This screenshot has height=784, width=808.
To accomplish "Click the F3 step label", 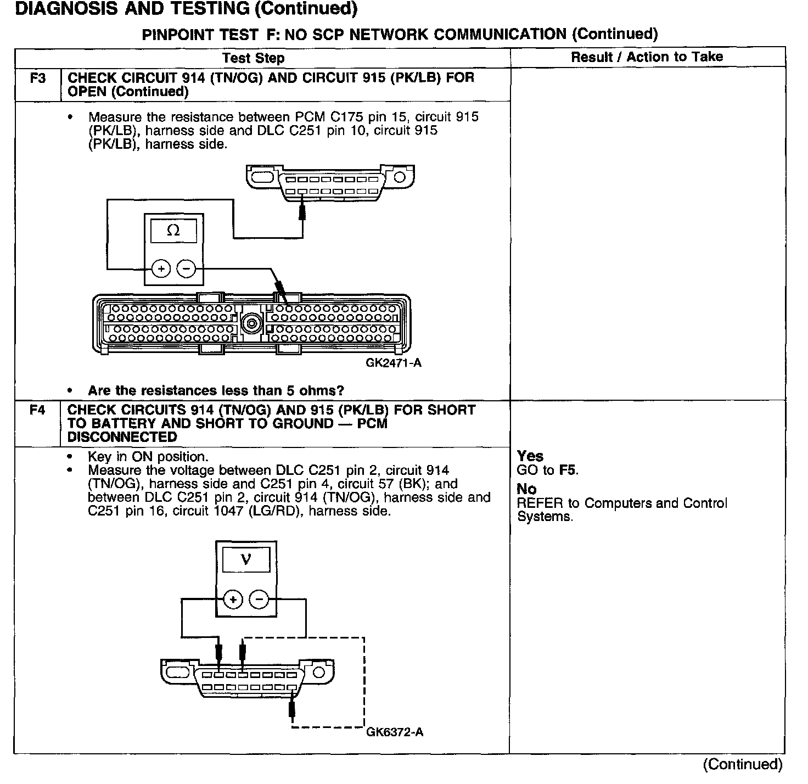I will (x=37, y=78).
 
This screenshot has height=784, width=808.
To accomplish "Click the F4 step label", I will (x=37, y=410).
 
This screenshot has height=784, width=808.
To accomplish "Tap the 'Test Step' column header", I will (x=253, y=58).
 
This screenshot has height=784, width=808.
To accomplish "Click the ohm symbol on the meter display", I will (x=173, y=231).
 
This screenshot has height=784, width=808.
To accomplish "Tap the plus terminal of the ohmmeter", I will (x=161, y=269).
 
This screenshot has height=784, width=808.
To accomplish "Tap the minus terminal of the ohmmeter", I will (x=186, y=269).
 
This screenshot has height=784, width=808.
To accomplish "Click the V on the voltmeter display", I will (x=246, y=559).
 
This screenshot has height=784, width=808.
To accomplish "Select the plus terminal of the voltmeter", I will (x=233, y=600).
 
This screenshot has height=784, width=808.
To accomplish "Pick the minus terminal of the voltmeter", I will (x=259, y=600).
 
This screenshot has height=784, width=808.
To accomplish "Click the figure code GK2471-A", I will (x=394, y=363).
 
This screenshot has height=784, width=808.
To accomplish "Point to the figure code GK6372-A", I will (x=394, y=732).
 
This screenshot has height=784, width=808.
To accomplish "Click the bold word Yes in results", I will (x=530, y=456).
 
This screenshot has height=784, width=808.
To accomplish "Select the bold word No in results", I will (x=526, y=489).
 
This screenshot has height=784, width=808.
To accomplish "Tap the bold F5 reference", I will (x=568, y=470).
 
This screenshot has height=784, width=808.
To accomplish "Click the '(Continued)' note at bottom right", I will (x=742, y=764).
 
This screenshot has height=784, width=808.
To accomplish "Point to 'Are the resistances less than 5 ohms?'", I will (x=216, y=391).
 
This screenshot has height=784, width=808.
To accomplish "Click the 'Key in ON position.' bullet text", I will (x=148, y=457).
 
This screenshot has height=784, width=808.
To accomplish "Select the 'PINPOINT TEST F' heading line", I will (x=400, y=34).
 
